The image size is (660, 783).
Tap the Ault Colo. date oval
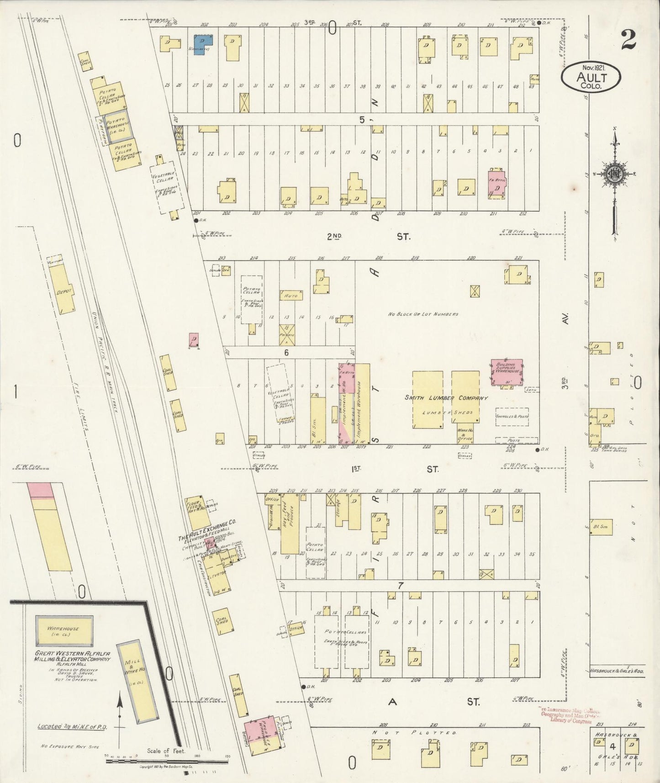tap(591, 76)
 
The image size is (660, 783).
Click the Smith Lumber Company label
tap(446, 398)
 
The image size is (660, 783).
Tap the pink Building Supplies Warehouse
tap(507, 372)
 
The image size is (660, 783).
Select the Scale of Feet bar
tap(167, 761)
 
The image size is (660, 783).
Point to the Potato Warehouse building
tap(120, 124)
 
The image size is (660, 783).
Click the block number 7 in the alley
tap(401, 586)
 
